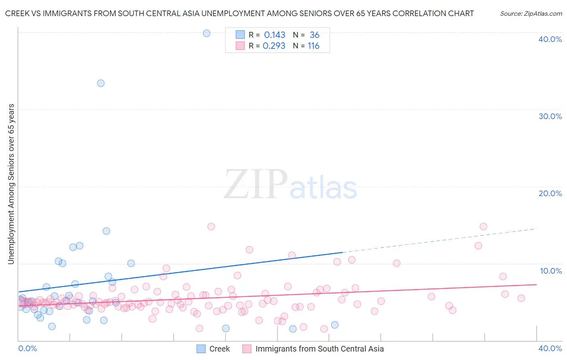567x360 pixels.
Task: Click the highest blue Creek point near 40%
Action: tap(206, 33)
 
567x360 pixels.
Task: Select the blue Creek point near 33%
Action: tap(101, 83)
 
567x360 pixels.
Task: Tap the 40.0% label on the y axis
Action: tap(550, 39)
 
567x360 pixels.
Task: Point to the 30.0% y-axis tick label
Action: tap(550, 116)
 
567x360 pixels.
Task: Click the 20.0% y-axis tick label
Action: tap(550, 193)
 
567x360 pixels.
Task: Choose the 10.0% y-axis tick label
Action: tap(551, 271)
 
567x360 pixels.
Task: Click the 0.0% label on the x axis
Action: tap(28, 348)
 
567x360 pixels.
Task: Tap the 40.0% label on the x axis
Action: tap(550, 348)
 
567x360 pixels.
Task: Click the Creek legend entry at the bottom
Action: tap(219, 349)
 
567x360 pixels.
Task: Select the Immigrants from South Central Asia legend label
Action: tap(319, 349)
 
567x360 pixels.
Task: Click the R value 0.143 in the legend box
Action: tap(274, 35)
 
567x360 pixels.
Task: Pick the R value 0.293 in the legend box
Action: tap(274, 46)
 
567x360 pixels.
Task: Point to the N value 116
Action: tap(313, 46)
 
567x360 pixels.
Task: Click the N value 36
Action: tap(314, 35)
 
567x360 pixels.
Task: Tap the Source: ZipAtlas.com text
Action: tap(531, 13)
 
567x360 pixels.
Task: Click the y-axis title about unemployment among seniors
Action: tap(11, 184)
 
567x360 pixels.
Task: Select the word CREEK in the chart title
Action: tap(17, 13)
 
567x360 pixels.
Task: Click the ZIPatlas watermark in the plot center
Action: tap(290, 185)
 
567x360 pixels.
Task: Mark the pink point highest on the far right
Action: tap(483, 226)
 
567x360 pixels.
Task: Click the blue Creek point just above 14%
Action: tap(106, 231)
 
